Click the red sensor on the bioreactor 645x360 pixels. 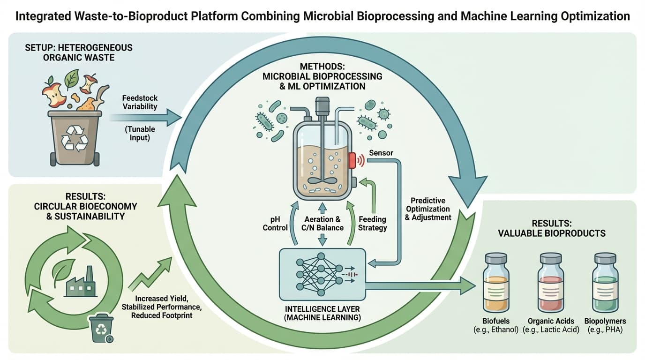352,160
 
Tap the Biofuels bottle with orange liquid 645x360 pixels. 496,284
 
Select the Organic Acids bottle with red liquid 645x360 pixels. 551,284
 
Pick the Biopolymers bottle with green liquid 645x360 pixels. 605,284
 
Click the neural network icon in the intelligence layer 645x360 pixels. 315,274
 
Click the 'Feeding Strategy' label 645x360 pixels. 373,223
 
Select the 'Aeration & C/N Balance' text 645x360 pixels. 322,223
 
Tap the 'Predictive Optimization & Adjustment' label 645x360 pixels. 428,209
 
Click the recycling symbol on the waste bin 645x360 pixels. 75,138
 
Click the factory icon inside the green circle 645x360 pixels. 80,283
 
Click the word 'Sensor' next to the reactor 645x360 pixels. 381,153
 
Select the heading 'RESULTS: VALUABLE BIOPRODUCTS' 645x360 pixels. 552,228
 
